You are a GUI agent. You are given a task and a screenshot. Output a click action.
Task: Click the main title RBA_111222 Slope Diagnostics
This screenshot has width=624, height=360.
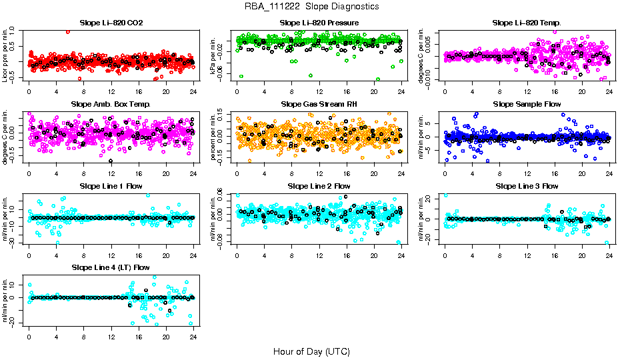(311, 6)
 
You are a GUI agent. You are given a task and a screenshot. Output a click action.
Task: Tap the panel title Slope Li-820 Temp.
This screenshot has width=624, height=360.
(527, 23)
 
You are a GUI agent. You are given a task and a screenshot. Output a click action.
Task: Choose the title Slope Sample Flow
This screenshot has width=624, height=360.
(527, 105)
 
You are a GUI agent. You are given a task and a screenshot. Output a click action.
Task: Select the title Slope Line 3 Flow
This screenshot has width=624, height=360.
(527, 186)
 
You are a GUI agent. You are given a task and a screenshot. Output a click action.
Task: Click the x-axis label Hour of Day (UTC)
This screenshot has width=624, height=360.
(311, 351)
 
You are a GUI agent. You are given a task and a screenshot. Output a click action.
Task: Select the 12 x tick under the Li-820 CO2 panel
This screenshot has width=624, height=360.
(111, 92)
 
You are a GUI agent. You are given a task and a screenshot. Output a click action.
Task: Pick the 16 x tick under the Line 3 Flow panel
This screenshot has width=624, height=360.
(554, 255)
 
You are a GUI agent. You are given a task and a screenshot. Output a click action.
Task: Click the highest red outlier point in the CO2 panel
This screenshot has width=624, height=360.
(68, 32)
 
